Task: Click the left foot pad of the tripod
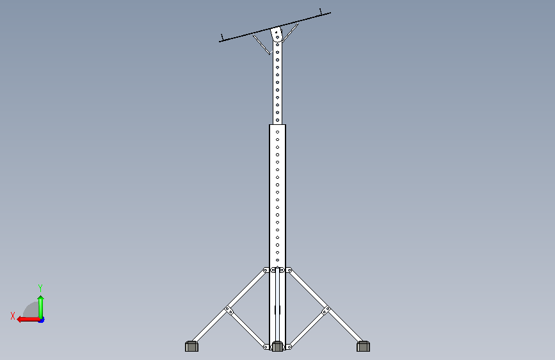[191, 346]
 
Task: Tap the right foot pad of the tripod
[363, 346]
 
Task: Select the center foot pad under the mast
[277, 346]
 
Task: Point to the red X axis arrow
[28, 320]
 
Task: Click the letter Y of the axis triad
[40, 288]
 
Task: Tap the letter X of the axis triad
[13, 316]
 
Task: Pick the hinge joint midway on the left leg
[229, 311]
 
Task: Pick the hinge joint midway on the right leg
[326, 311]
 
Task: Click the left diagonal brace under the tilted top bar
[261, 45]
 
